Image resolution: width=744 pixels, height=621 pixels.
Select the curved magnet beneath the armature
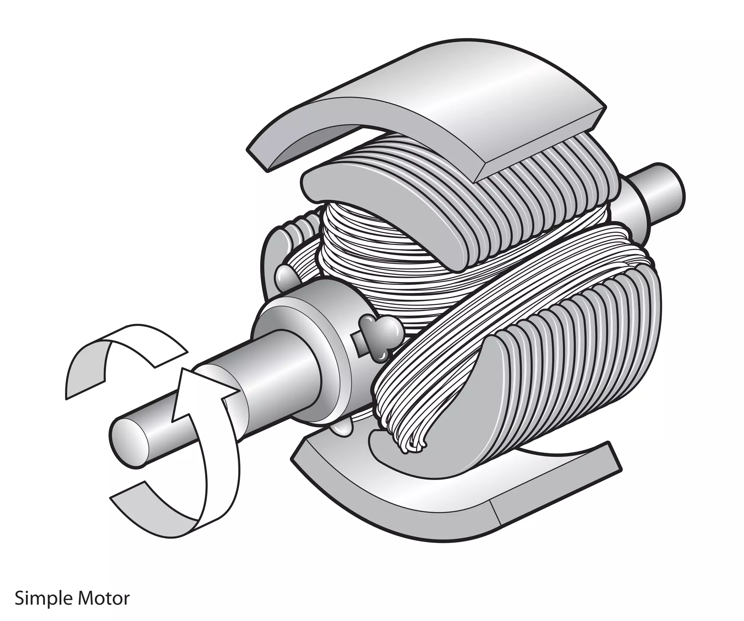(418, 509)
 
